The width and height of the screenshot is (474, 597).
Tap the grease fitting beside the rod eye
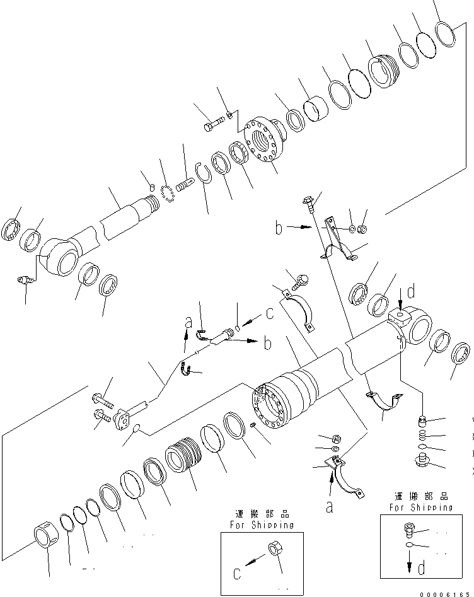click(26, 282)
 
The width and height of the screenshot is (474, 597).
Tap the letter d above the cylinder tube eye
click(410, 292)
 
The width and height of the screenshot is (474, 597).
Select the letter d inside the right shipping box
click(420, 567)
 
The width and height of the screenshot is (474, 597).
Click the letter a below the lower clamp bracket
click(329, 506)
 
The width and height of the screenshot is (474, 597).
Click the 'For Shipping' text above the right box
click(420, 507)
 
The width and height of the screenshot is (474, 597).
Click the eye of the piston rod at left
click(57, 261)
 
